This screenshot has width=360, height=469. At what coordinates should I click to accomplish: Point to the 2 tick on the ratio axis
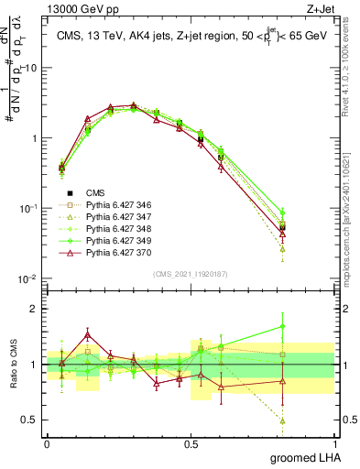click(x=37, y=309)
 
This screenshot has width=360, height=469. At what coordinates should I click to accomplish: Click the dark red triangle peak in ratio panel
click(x=87, y=334)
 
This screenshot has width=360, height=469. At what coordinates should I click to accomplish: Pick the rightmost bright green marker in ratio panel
click(x=308, y=326)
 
